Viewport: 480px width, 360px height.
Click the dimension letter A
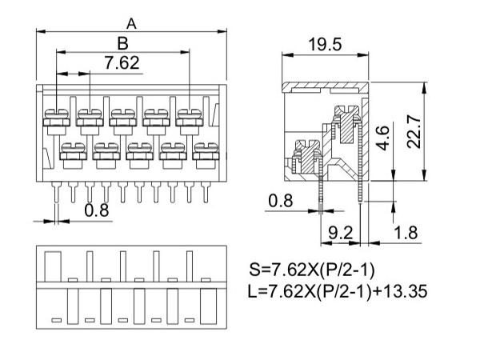pyautogui.click(x=131, y=23)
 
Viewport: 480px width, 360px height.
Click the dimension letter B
pyautogui.click(x=122, y=43)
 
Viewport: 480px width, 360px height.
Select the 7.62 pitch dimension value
pyautogui.click(x=122, y=62)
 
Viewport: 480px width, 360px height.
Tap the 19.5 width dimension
pyautogui.click(x=325, y=44)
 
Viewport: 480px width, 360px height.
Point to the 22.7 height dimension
pyautogui.click(x=414, y=132)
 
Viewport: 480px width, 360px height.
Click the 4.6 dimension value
pyautogui.click(x=382, y=138)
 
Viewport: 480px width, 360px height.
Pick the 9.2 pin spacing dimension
pyautogui.click(x=341, y=233)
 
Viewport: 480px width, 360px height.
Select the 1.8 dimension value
pyautogui.click(x=406, y=233)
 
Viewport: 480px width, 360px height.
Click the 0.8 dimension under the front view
pyautogui.click(x=97, y=210)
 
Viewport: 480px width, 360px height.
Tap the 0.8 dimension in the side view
pyautogui.click(x=281, y=201)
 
